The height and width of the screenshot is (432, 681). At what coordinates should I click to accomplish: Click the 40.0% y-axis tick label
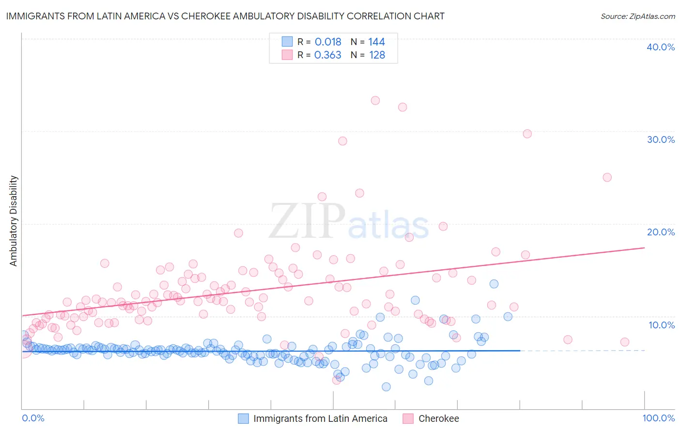(x=661, y=47)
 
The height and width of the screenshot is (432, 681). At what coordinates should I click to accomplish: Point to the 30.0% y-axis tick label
(x=661, y=139)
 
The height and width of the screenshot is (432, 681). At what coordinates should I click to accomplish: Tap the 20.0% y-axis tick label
(x=661, y=232)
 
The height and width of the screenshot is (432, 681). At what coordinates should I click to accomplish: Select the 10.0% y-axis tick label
(x=662, y=324)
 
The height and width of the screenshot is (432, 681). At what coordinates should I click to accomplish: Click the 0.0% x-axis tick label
(x=33, y=418)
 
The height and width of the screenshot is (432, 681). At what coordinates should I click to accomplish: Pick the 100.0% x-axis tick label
(x=659, y=418)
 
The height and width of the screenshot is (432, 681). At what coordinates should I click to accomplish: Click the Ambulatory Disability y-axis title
(x=14, y=220)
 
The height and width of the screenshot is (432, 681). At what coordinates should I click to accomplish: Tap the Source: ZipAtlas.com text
(x=637, y=16)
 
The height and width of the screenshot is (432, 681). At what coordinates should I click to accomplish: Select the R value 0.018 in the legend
(x=328, y=42)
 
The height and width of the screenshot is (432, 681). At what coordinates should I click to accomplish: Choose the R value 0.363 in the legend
(x=328, y=55)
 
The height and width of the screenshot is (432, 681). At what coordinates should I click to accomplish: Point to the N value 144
(x=376, y=42)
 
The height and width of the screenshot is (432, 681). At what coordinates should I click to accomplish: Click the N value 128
(x=377, y=55)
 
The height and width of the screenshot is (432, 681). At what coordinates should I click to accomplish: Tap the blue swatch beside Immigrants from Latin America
(x=243, y=418)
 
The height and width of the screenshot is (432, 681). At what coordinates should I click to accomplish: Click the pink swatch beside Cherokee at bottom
(x=408, y=418)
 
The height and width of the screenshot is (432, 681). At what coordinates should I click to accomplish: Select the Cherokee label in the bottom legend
(x=438, y=418)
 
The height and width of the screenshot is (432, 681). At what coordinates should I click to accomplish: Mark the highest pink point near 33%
(x=375, y=101)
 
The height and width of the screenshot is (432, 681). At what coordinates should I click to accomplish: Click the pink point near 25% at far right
(x=607, y=177)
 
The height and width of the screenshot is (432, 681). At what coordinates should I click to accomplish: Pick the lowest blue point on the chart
(x=386, y=386)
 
